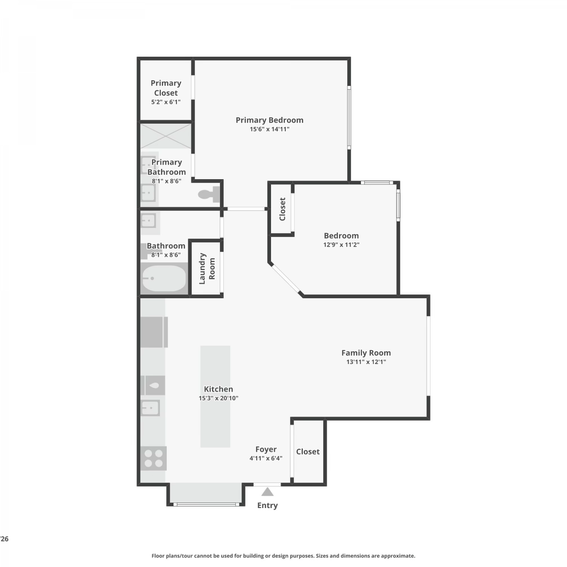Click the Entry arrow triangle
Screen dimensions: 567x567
coord(267,492)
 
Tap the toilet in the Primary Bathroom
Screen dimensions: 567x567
coord(209,194)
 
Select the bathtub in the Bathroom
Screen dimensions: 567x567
coord(164,279)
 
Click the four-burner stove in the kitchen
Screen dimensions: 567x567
coord(153,458)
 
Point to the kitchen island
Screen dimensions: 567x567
coord(215,397)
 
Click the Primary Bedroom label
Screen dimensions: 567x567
coord(270,120)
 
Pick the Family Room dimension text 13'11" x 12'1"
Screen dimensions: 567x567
coord(366,362)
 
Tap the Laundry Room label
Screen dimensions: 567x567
coord(207,268)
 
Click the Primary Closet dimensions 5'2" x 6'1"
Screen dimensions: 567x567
coord(166,102)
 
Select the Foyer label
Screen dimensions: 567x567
coord(266,449)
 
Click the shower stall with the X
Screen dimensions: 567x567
coord(166,136)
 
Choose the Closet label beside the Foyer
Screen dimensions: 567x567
coord(308,451)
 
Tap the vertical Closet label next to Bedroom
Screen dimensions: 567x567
coord(282,209)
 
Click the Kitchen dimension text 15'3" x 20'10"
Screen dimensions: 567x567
coord(218,398)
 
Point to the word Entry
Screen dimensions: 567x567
coord(267,505)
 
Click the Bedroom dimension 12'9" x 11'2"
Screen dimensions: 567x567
coord(341,245)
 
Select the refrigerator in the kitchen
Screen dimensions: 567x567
coord(154,332)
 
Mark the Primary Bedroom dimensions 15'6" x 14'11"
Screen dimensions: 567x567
coord(270,129)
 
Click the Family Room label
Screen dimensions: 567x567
coord(366,353)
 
